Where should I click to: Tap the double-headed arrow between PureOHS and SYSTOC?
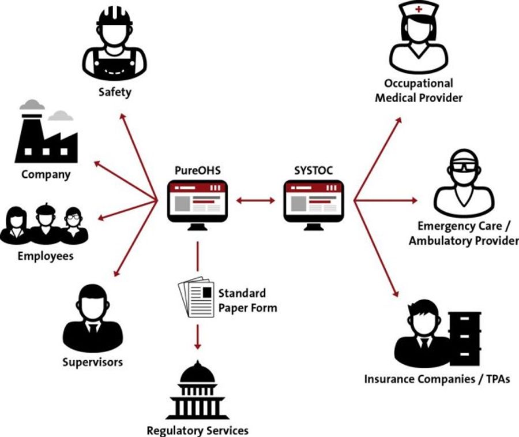(255, 201)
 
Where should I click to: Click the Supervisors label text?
(92, 363)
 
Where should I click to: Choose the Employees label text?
(46, 256)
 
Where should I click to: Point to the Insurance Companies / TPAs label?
(437, 379)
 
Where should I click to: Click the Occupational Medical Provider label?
(419, 91)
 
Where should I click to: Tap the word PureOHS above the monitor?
(197, 171)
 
